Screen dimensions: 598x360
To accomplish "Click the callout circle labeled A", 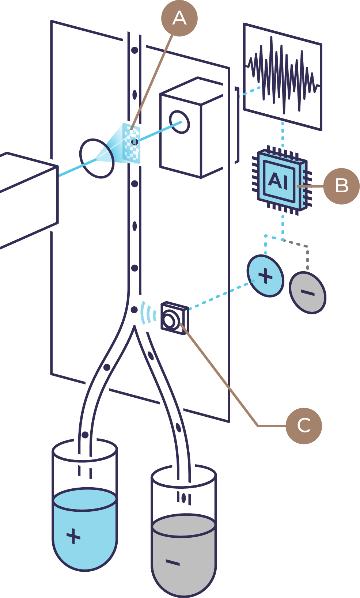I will pos(179,18).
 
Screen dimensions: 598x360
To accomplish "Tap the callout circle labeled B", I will pos(341,186).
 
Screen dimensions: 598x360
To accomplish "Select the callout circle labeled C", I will pos(304,426).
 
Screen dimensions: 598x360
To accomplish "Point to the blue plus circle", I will pos(265,276).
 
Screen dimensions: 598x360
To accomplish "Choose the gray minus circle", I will pos(307,292).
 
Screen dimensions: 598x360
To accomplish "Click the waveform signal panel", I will pos(283,77).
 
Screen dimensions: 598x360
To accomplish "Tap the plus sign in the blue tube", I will pos(73,536).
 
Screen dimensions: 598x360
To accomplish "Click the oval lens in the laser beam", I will pos(97,159).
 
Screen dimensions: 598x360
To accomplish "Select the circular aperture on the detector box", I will pos(179,122).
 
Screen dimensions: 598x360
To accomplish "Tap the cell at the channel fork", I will pos(134,310).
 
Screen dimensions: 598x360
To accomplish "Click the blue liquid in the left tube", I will pos(85,530).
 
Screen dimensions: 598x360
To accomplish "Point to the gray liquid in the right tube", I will pos(183,556).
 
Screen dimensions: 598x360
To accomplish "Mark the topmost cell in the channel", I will pos(134,50).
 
